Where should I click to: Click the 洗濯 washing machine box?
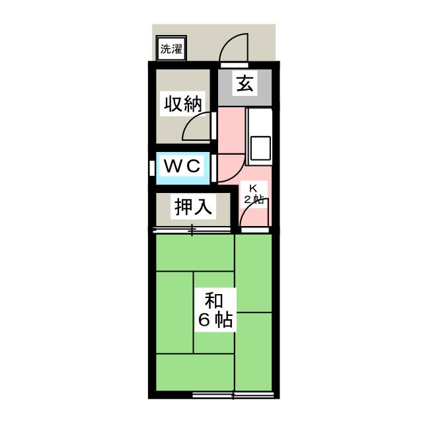click(171, 49)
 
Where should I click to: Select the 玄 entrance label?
click(245, 85)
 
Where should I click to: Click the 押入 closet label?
click(193, 208)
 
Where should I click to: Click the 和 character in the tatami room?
click(213, 301)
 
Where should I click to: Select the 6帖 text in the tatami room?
click(213, 321)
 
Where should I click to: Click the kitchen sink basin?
click(258, 149)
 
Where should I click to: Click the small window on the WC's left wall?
click(152, 167)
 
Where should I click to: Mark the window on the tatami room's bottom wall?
click(233, 395)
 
